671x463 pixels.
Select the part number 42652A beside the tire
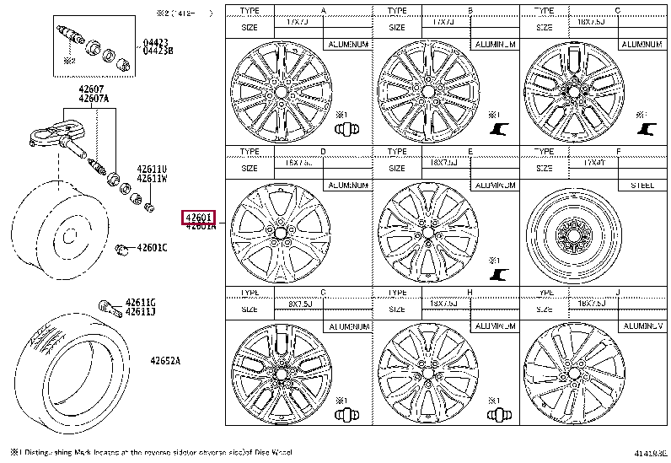pos(166,361)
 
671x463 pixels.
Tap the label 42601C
pos(153,247)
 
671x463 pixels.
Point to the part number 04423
pos(154,41)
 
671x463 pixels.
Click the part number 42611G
pos(141,303)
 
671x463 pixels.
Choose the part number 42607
pos(91,89)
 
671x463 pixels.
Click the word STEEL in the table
pos(642,185)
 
